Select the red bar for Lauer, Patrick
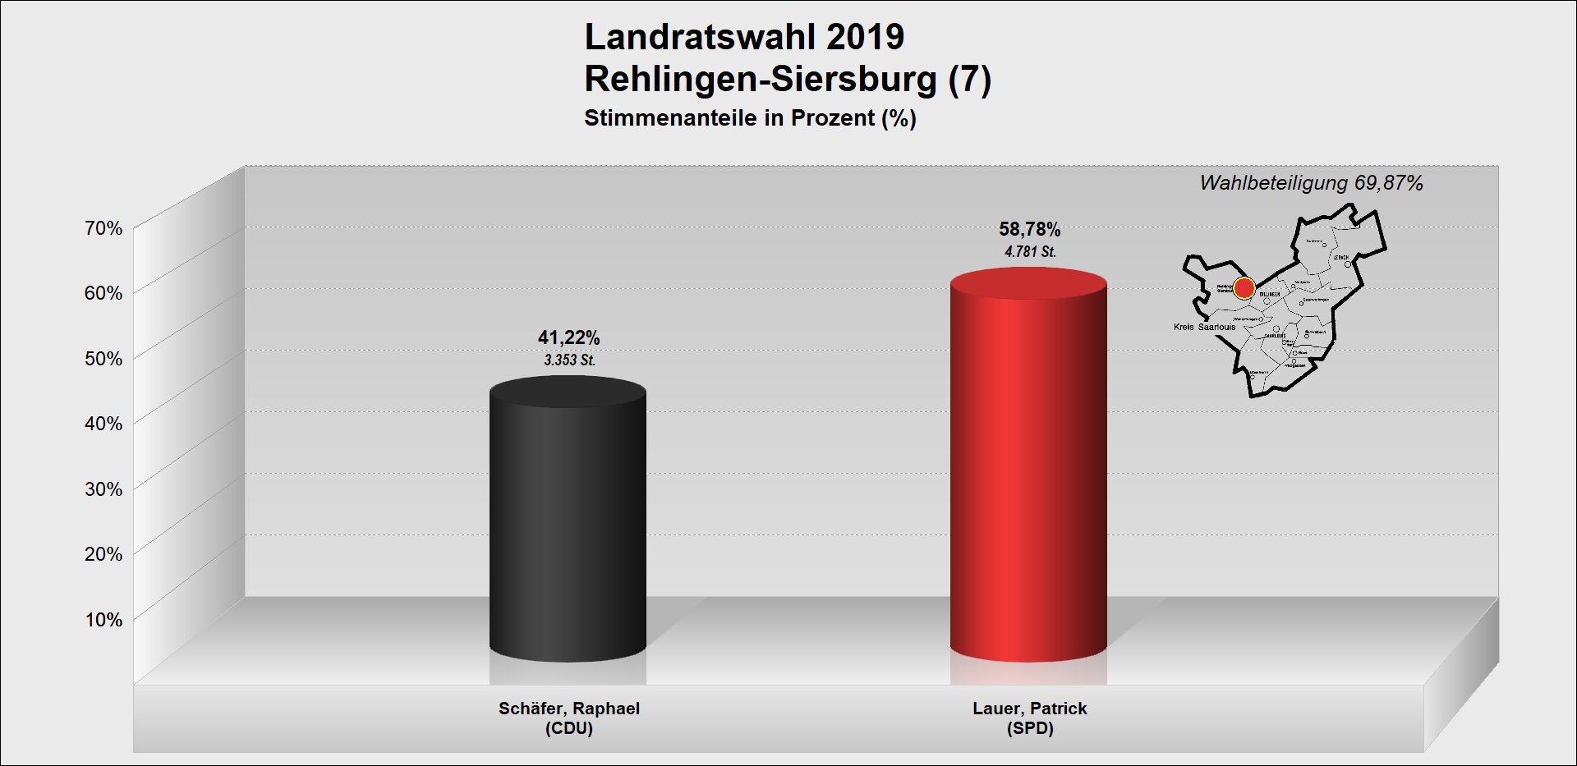click(1028, 468)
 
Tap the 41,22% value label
click(568, 337)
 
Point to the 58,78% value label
click(1029, 229)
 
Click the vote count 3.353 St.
click(569, 360)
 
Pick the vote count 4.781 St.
click(1030, 252)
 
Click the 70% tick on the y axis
click(103, 228)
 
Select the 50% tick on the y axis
click(103, 359)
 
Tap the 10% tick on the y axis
click(103, 620)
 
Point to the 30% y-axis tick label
click(103, 489)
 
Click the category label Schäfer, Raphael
click(568, 709)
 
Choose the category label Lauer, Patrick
click(1029, 709)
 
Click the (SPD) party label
click(1029, 728)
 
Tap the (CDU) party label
click(568, 728)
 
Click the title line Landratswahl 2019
click(744, 37)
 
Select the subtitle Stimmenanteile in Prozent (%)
click(750, 118)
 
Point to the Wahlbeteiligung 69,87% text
click(1311, 183)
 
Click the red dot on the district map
click(1244, 288)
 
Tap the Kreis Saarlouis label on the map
click(1204, 327)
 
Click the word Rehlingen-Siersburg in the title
click(761, 80)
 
